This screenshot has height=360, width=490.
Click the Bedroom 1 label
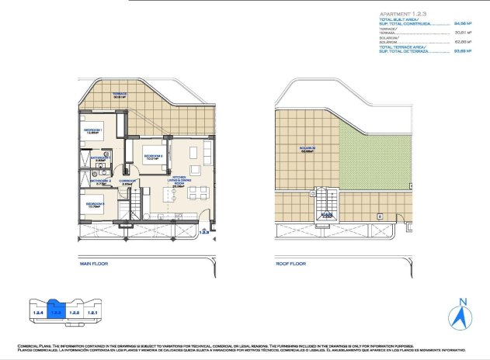92,131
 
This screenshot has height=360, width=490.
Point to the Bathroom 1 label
101,158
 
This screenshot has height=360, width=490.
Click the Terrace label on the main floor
120,96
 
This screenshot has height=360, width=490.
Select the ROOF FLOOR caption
290,265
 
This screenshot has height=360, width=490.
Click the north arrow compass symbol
462,315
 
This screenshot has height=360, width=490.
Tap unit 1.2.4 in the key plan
36,312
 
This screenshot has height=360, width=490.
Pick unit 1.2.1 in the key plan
92,312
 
